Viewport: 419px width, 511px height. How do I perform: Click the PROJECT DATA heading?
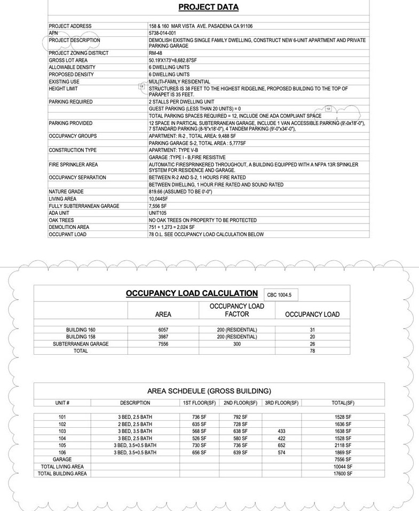click(208, 7)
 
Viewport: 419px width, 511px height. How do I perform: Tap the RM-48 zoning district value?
click(155, 53)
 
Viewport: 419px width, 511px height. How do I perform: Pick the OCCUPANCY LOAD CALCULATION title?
click(192, 293)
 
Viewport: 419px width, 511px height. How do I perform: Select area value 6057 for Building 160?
click(163, 330)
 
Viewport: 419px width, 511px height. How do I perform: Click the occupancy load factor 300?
click(237, 344)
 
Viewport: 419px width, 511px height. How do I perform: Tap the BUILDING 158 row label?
click(80, 337)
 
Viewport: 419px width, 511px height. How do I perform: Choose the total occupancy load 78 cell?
click(312, 351)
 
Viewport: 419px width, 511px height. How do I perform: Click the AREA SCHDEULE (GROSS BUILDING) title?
click(209, 391)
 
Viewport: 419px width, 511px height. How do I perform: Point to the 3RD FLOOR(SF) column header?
click(281, 403)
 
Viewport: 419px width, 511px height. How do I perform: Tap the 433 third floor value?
click(281, 431)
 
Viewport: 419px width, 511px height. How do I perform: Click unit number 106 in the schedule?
click(62, 452)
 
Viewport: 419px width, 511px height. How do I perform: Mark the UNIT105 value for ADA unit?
click(159, 213)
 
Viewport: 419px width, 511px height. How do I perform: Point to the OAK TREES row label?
click(61, 220)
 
